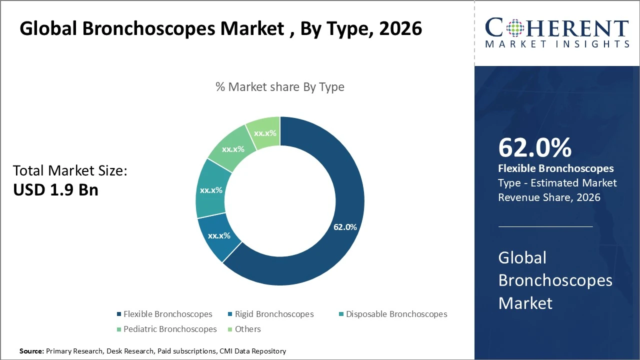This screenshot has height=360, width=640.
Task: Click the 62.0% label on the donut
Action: coord(345,227)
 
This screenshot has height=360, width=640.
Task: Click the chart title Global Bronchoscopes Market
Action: coord(220,29)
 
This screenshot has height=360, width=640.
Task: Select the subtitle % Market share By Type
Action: coord(280,87)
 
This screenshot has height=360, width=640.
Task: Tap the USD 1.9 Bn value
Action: coord(55,190)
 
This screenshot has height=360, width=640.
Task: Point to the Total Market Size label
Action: coord(70,171)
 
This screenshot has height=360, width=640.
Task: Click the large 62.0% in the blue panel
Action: coord(534,148)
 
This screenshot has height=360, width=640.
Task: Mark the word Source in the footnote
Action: coord(31,351)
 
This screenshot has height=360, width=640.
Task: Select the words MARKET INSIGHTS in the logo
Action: coord(556,44)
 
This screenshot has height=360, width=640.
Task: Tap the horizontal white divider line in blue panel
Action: coord(545,226)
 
